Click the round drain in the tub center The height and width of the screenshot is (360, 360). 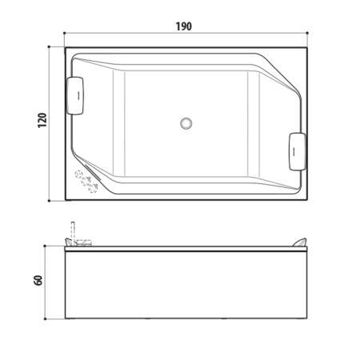click(x=187, y=123)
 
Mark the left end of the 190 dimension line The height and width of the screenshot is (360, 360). click(x=65, y=34)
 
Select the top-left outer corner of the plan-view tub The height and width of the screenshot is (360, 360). click(x=65, y=46)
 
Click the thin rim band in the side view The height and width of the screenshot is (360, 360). click(x=187, y=249)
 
